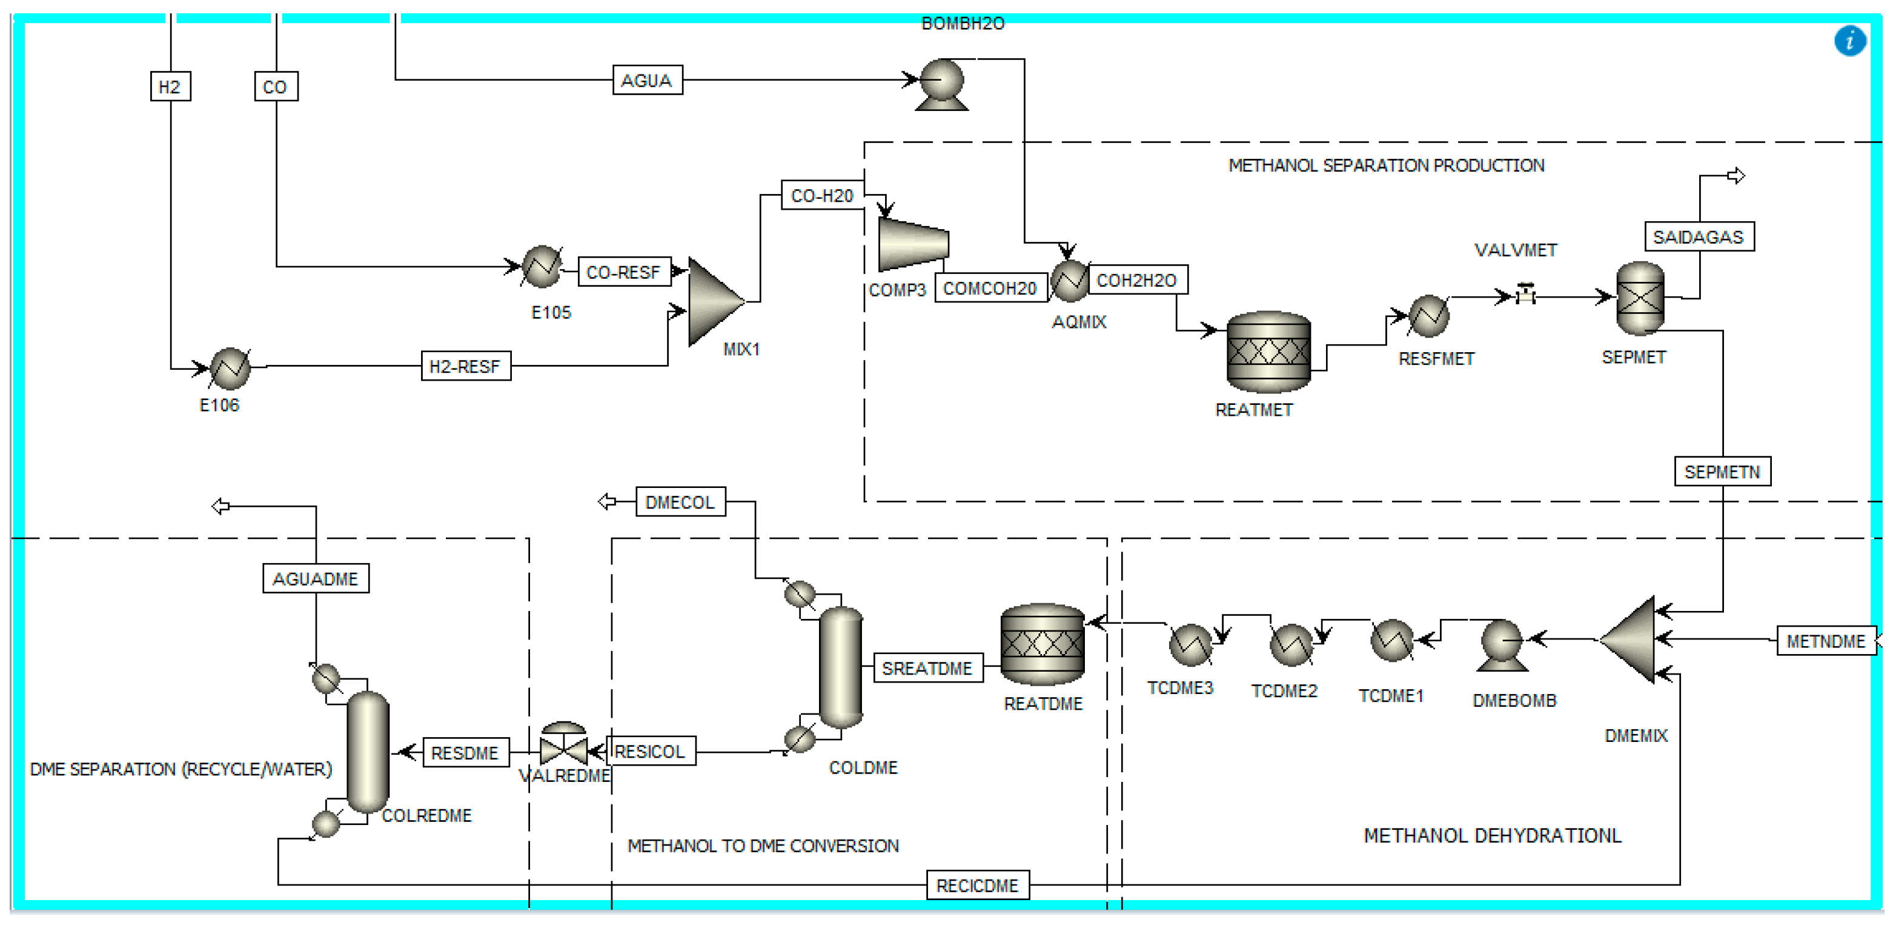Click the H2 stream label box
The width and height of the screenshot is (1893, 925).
tap(170, 87)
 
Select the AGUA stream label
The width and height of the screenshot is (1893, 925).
tap(647, 80)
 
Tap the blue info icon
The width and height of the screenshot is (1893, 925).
tap(1849, 41)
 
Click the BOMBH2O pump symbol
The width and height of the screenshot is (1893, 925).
tap(941, 82)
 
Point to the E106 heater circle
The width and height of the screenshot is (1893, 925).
tap(230, 369)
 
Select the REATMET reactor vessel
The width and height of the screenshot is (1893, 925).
tap(1268, 352)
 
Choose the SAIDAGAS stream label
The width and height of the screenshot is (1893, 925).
tap(1699, 237)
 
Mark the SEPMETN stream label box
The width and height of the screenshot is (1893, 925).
tap(1722, 472)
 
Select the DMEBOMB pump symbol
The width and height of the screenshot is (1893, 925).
tap(1501, 644)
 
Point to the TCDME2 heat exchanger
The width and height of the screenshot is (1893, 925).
tap(1290, 645)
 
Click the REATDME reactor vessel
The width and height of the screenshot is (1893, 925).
tap(1042, 644)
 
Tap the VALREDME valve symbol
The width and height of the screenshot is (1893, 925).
tap(563, 746)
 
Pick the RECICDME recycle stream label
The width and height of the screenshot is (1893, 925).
tap(976, 885)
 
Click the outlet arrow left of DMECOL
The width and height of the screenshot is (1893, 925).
tap(607, 501)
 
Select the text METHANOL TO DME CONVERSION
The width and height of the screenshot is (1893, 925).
tap(762, 846)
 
